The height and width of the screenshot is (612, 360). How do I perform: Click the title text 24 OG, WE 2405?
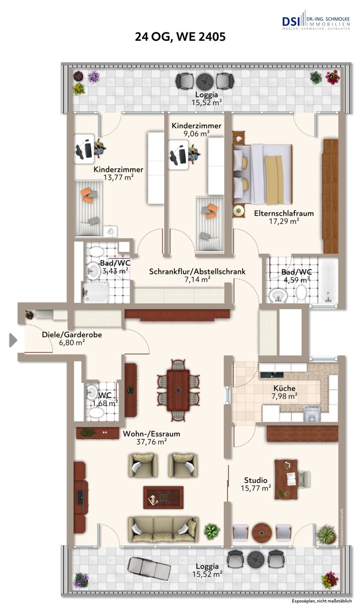coord(180,37)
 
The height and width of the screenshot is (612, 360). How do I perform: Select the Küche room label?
coord(284,388)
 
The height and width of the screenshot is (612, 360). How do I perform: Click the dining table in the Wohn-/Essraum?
coord(178,390)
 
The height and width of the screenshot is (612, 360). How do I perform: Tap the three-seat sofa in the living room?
coord(163,529)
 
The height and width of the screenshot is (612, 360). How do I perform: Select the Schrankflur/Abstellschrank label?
coord(197,272)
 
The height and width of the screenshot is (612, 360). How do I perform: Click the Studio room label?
coord(255,480)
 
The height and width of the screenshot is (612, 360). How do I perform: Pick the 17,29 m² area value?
coord(284,221)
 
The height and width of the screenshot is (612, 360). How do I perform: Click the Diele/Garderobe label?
coord(72,335)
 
